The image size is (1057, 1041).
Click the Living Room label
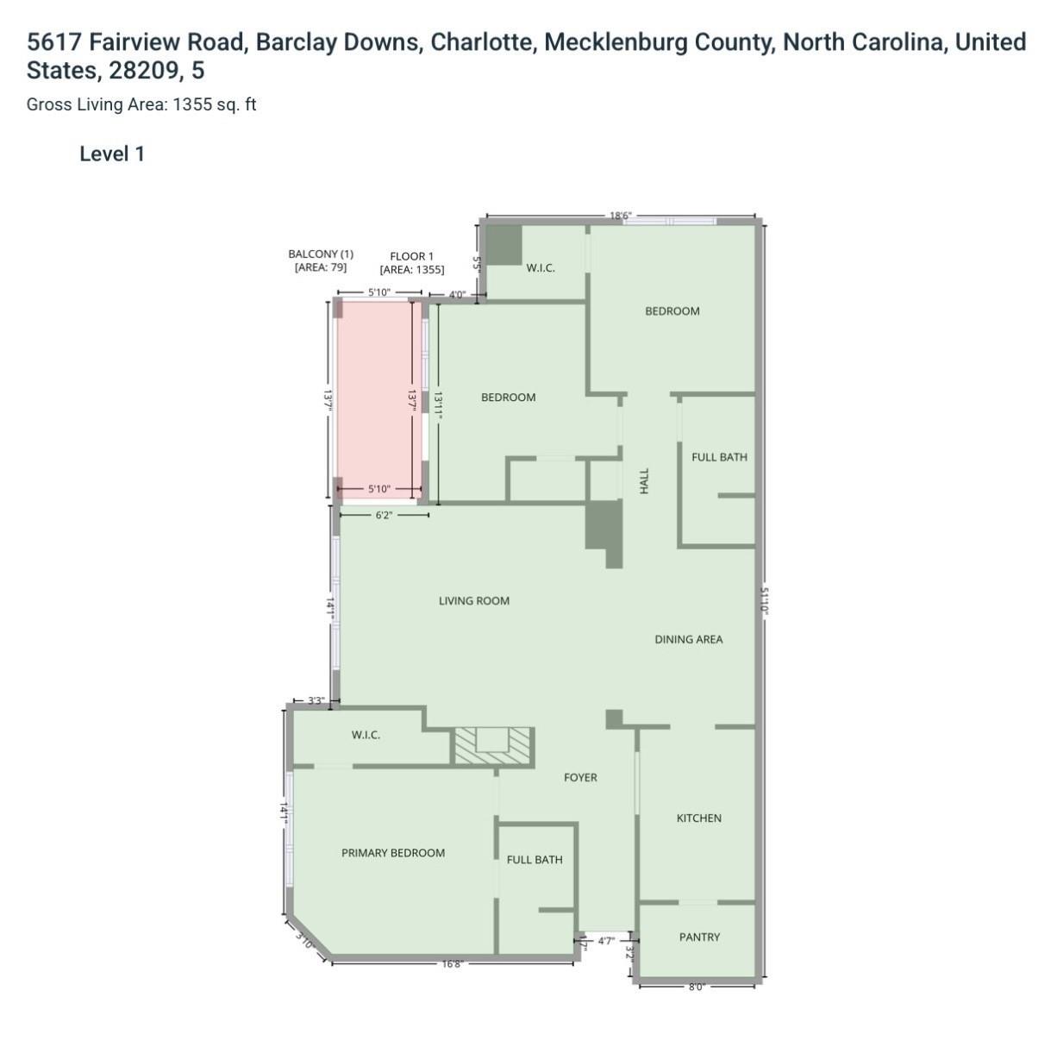click(473, 601)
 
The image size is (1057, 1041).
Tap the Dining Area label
click(688, 639)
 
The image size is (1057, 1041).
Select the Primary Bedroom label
click(393, 853)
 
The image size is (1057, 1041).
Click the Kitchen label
click(698, 818)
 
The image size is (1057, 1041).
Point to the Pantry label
click(699, 937)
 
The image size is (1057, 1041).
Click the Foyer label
click(580, 777)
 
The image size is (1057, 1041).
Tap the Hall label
click(644, 480)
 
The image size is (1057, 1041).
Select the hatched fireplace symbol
click(493, 746)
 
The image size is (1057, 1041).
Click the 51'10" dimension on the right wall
click(764, 601)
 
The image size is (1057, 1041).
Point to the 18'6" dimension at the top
click(621, 216)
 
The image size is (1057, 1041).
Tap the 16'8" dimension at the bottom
click(453, 964)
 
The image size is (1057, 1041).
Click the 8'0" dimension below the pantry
click(697, 987)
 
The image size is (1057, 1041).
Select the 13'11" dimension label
click(438, 404)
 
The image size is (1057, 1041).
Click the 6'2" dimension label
click(384, 515)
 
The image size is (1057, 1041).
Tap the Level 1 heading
click(112, 154)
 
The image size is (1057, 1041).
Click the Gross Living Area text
click(141, 104)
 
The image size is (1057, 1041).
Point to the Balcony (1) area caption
click(321, 260)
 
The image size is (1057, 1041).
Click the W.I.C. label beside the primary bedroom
click(366, 735)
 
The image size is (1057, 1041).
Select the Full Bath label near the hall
click(719, 457)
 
